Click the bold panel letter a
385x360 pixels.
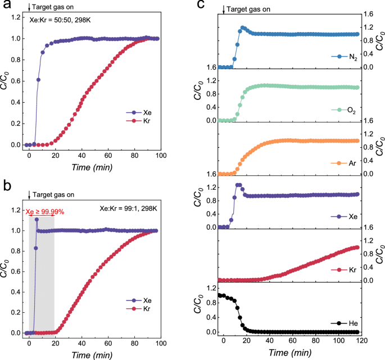(6, 5)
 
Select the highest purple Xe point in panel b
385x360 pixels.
(37, 220)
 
